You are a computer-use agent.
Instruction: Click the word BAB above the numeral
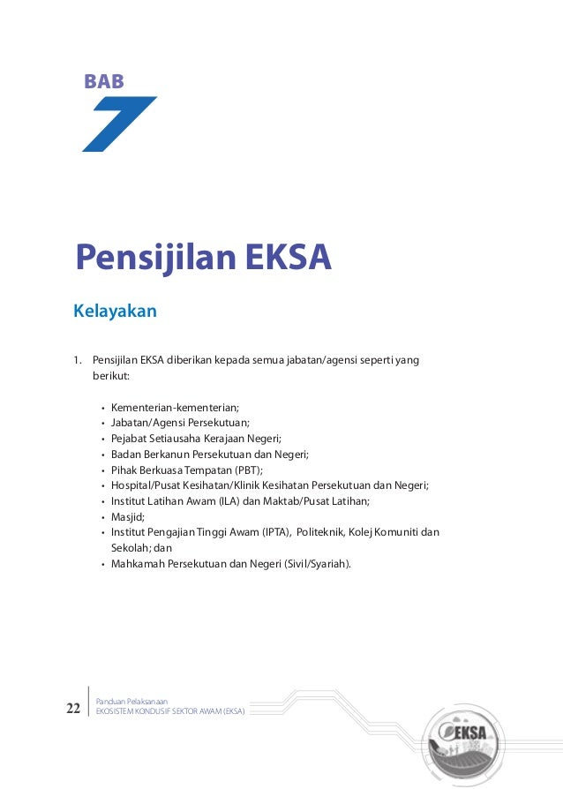coord(103,82)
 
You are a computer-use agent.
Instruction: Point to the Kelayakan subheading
coord(115,311)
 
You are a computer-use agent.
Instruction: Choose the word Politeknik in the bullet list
coord(323,532)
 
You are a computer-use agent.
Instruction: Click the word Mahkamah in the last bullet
coord(138,563)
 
